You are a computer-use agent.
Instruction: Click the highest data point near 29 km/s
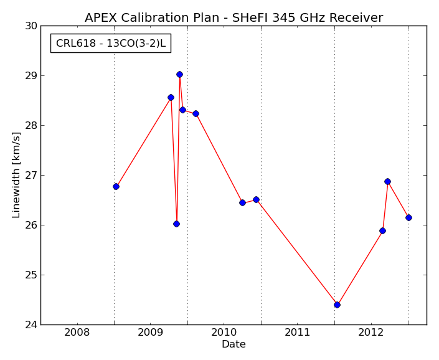click(x=179, y=75)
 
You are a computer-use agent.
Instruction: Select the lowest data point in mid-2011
click(x=337, y=305)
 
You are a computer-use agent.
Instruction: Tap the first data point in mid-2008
click(x=116, y=186)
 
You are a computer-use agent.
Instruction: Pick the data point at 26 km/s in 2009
click(x=176, y=224)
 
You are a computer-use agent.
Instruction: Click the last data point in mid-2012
click(x=408, y=217)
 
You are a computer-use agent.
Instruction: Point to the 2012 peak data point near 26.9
click(x=387, y=182)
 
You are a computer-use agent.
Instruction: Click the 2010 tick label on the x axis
click(x=224, y=333)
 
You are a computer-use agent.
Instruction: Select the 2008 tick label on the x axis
click(x=77, y=333)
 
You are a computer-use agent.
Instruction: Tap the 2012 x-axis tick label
click(x=371, y=333)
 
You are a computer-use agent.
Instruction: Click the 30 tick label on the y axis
click(x=31, y=26)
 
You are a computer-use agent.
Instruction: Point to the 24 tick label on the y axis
click(x=31, y=325)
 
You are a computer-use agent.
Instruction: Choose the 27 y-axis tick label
click(x=31, y=176)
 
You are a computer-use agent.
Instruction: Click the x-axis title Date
click(x=234, y=344)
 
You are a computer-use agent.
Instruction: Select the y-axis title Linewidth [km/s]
click(x=16, y=175)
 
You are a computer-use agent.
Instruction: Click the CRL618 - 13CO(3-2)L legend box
click(x=111, y=43)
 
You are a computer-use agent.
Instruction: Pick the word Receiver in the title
click(x=356, y=17)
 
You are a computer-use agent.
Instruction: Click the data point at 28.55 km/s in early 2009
click(x=171, y=97)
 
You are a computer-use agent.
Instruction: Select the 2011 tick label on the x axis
click(x=297, y=333)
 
